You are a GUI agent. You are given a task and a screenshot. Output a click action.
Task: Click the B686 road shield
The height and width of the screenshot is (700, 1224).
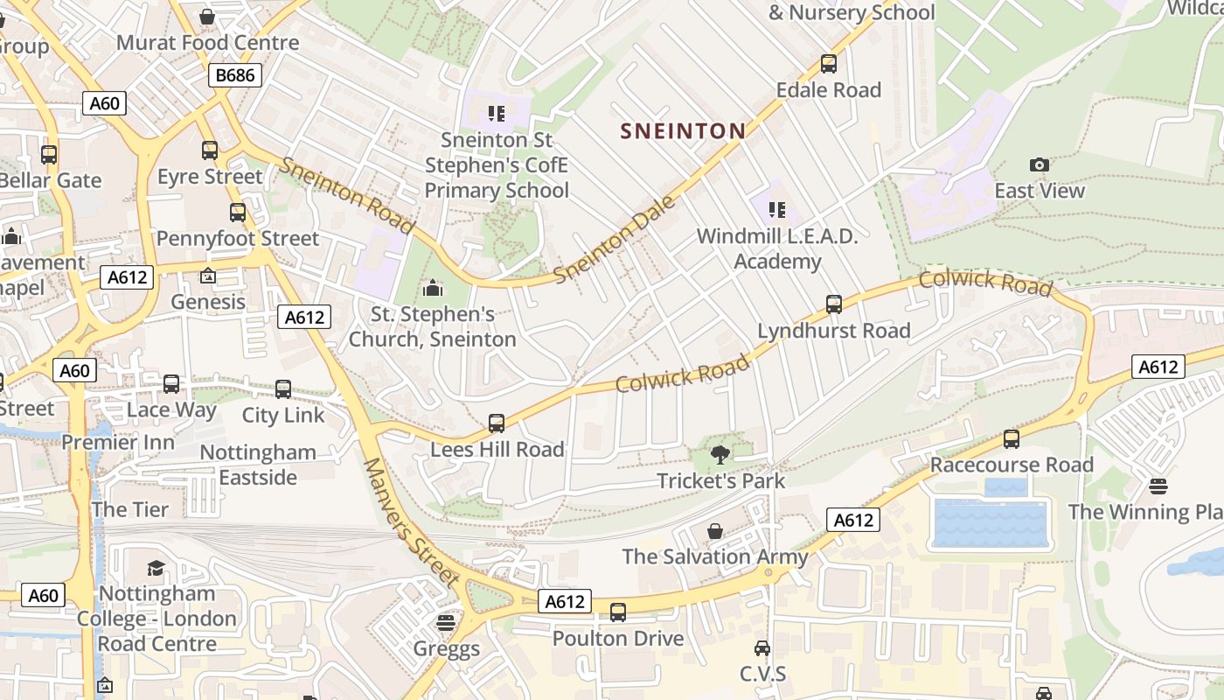point(235,75)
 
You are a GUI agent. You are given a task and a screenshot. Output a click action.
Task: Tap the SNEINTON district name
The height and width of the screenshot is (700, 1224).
point(683,131)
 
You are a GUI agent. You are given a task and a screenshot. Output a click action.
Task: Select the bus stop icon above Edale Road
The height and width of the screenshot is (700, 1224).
point(828,64)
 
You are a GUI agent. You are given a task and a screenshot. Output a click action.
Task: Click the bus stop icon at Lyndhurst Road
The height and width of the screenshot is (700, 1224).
point(834,304)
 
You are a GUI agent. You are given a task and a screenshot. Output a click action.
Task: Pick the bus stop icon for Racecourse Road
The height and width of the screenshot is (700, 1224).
point(1012,438)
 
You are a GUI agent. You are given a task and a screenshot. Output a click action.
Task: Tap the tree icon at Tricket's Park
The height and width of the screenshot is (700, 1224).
point(720,454)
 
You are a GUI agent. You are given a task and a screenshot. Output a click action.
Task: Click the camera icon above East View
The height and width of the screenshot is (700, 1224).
point(1039,164)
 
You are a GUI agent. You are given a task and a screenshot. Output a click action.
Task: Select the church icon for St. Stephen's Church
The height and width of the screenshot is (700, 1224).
point(432,288)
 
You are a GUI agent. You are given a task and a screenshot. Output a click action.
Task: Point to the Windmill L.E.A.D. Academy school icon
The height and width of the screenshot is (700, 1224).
point(776,210)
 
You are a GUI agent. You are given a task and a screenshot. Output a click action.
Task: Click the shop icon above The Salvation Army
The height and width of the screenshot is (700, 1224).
point(715,531)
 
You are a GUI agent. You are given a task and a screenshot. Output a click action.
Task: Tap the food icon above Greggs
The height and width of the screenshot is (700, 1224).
point(446,623)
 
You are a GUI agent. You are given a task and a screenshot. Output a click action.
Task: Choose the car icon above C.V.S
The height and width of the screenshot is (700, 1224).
point(762,648)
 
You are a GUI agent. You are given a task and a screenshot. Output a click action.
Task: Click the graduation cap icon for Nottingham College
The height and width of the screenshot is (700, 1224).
point(156,568)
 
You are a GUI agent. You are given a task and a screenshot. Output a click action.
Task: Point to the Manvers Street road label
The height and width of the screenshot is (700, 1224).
point(411,522)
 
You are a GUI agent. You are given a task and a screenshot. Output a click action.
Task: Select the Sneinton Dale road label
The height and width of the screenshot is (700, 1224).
point(615,239)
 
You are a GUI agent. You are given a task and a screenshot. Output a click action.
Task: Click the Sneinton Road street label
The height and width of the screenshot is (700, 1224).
point(347,194)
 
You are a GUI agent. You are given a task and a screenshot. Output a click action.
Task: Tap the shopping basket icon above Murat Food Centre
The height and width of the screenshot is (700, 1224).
point(207,17)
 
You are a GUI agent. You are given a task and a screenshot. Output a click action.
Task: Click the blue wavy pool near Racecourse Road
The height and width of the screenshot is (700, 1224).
point(991,522)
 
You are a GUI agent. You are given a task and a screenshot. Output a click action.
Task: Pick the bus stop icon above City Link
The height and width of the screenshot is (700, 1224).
point(283,389)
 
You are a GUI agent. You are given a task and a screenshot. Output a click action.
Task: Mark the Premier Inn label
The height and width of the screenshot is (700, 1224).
point(118,442)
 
